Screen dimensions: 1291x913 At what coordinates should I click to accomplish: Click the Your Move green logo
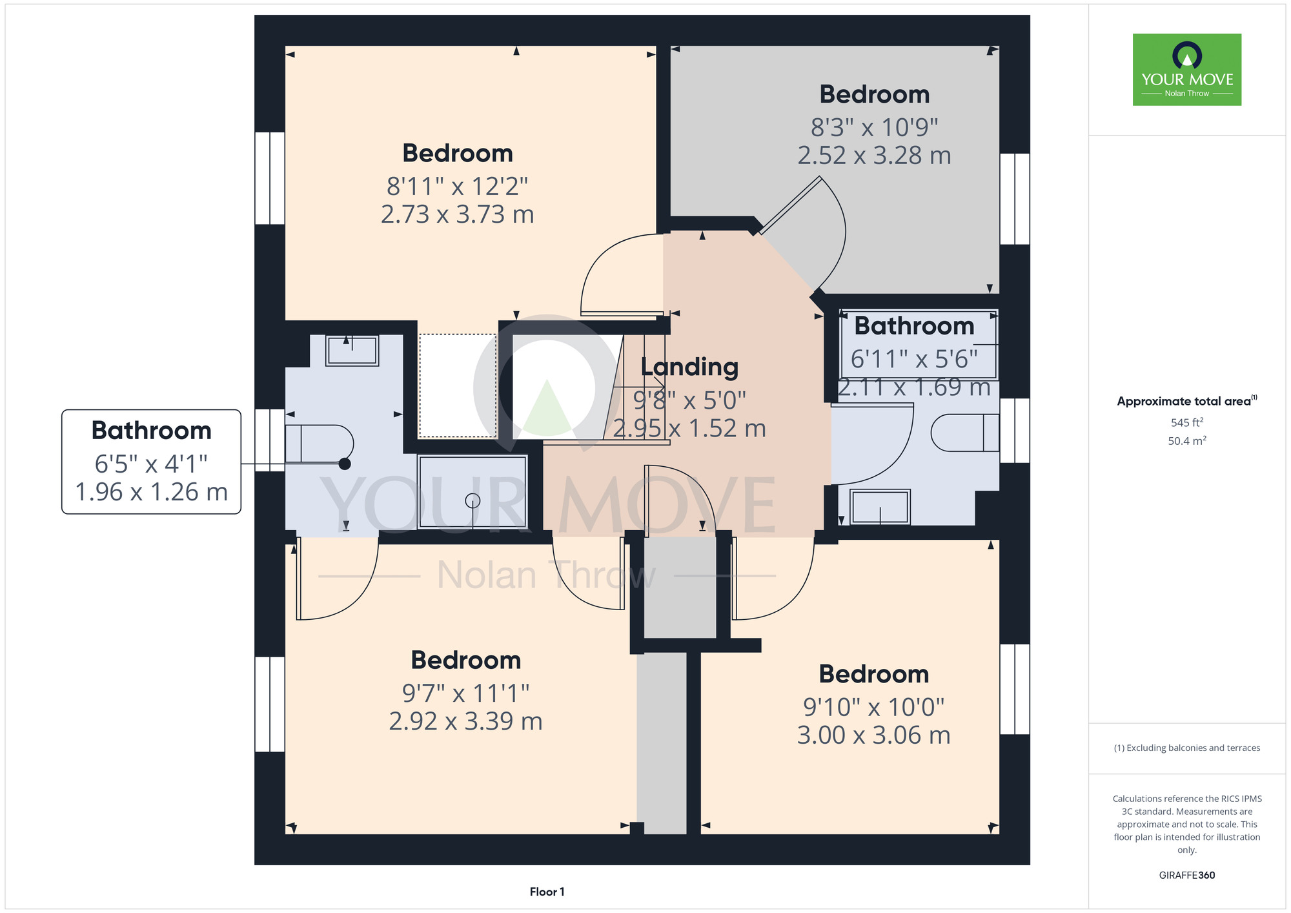(x=1187, y=70)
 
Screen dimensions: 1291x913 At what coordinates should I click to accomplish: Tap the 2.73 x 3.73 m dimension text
(x=458, y=214)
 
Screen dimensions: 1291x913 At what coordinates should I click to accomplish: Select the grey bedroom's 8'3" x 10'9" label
(x=875, y=128)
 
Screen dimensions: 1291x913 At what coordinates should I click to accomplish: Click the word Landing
(x=689, y=367)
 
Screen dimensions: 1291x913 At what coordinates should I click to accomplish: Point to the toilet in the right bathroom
(x=965, y=432)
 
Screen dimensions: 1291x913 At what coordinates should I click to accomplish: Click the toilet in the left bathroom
(x=319, y=444)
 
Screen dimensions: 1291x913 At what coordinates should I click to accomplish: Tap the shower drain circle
(x=473, y=500)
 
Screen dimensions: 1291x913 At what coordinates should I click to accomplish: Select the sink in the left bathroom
(x=352, y=351)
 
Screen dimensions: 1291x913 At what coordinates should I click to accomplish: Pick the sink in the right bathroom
(x=880, y=507)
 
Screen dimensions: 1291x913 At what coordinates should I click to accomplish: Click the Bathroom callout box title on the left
(x=152, y=430)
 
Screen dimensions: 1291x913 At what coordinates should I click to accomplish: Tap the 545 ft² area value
(x=1187, y=422)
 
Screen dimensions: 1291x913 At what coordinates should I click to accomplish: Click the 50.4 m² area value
(x=1187, y=441)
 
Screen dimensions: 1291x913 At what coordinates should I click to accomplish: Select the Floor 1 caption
(x=547, y=892)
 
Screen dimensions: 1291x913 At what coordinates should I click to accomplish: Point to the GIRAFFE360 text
(x=1187, y=876)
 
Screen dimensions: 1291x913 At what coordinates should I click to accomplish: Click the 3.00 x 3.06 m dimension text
(x=874, y=735)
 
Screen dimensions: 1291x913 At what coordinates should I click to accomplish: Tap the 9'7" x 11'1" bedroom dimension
(x=466, y=693)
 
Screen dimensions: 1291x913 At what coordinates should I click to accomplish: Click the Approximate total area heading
(x=1187, y=401)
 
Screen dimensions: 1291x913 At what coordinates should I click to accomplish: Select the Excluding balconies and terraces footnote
(x=1187, y=748)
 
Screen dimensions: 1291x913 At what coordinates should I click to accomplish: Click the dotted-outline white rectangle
(x=458, y=385)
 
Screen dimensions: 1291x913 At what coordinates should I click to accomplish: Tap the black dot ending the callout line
(x=345, y=464)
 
